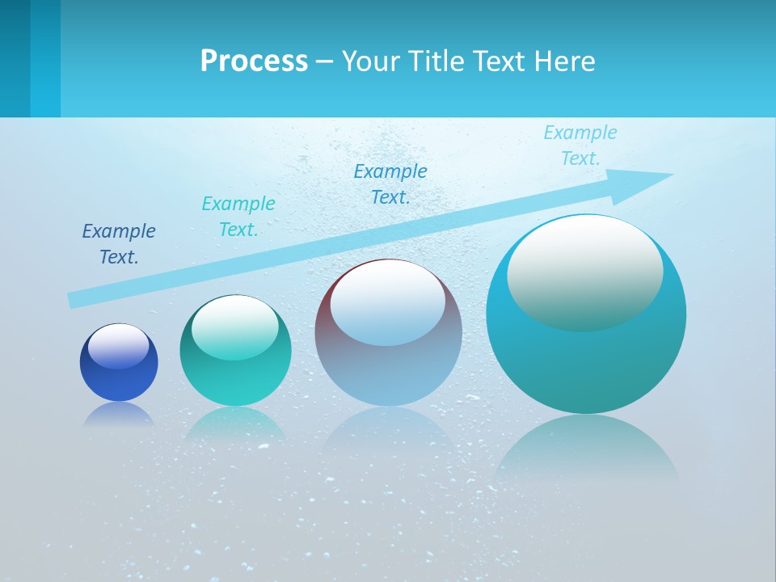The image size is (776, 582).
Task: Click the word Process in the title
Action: click(x=254, y=61)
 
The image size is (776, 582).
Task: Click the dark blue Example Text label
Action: click(x=119, y=243)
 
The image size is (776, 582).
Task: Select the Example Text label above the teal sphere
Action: click(x=238, y=216)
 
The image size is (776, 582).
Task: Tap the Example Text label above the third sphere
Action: click(x=390, y=183)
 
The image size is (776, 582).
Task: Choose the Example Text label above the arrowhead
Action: click(x=580, y=145)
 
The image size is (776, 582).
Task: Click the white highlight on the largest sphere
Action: click(x=584, y=271)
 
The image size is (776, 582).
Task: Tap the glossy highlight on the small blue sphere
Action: click(x=119, y=345)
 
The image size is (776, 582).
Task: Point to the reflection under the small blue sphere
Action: click(x=119, y=414)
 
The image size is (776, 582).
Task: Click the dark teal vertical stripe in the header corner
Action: click(x=15, y=58)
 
